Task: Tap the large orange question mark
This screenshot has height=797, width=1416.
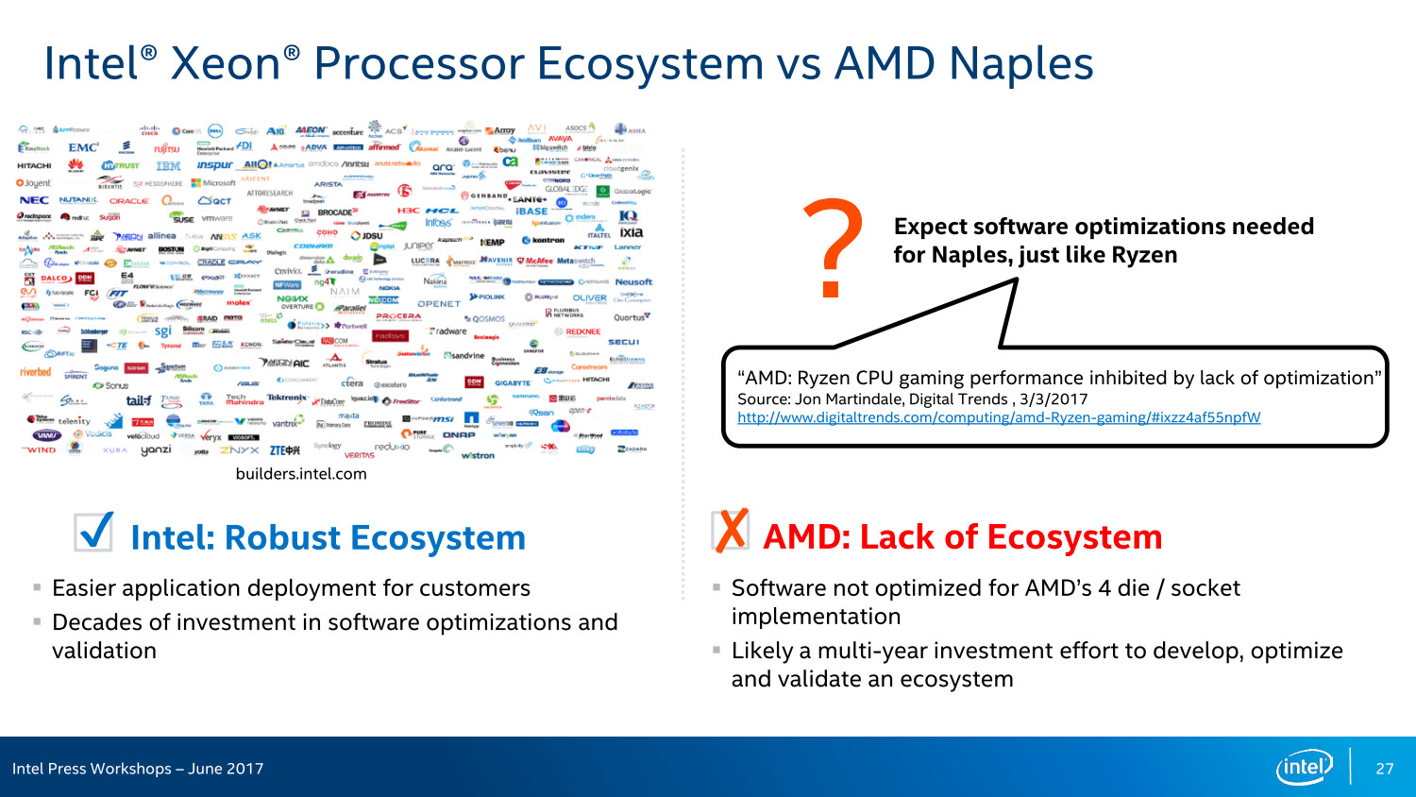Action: coord(833,247)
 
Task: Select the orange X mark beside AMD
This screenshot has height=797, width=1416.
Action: coord(731,531)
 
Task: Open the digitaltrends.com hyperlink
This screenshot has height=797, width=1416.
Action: coord(999,417)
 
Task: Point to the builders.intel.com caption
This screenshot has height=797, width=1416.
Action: coord(301,474)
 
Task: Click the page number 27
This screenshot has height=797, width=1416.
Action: coord(1384,769)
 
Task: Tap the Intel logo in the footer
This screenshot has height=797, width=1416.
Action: coord(1304,767)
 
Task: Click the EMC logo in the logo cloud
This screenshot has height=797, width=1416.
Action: coord(82,147)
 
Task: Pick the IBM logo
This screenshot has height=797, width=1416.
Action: coord(168,165)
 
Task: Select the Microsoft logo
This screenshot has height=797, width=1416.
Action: coord(214,183)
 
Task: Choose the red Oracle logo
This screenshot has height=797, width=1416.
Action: coord(128,201)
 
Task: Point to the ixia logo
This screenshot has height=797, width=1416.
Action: coord(632,232)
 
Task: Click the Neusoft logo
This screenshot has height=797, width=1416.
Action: coord(633,281)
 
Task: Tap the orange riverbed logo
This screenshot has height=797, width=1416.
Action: coord(36,372)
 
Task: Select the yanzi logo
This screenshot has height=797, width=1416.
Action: coord(156,450)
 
